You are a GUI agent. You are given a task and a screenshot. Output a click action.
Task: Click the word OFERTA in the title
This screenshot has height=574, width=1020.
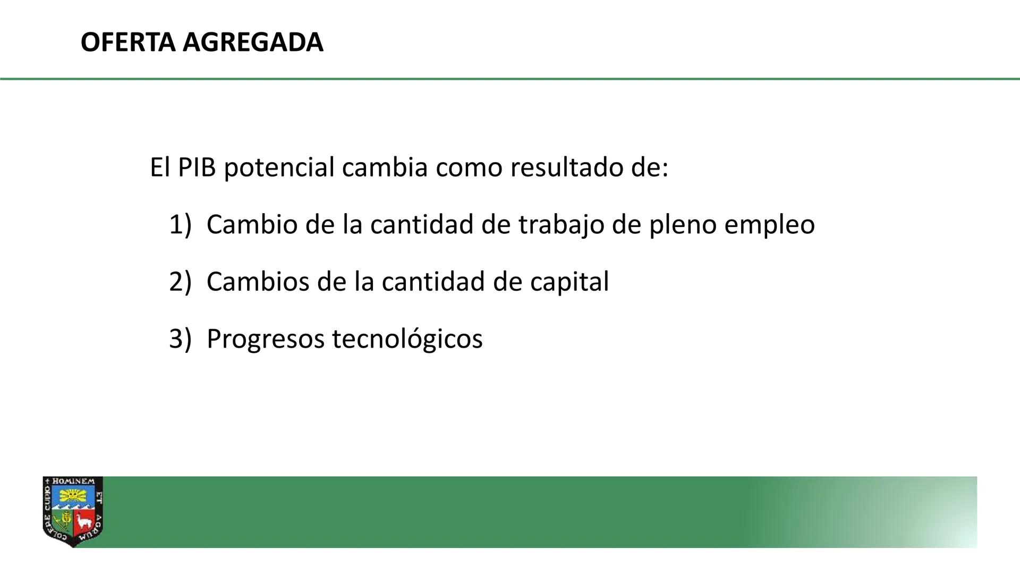point(127,43)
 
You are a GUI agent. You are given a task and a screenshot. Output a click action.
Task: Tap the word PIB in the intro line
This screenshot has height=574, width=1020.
point(197,168)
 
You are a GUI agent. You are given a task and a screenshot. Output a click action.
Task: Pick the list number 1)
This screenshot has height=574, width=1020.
point(180,225)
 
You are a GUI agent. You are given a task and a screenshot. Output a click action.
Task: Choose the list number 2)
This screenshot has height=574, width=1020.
point(180,282)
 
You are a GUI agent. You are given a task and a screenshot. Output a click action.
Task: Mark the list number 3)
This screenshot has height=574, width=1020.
point(180,339)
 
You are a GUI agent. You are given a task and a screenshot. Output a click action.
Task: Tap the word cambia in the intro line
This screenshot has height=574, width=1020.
point(385,168)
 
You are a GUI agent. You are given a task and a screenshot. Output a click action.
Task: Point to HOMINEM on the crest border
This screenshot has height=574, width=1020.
point(74,481)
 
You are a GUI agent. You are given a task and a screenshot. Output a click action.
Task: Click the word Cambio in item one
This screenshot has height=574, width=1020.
point(252,225)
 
